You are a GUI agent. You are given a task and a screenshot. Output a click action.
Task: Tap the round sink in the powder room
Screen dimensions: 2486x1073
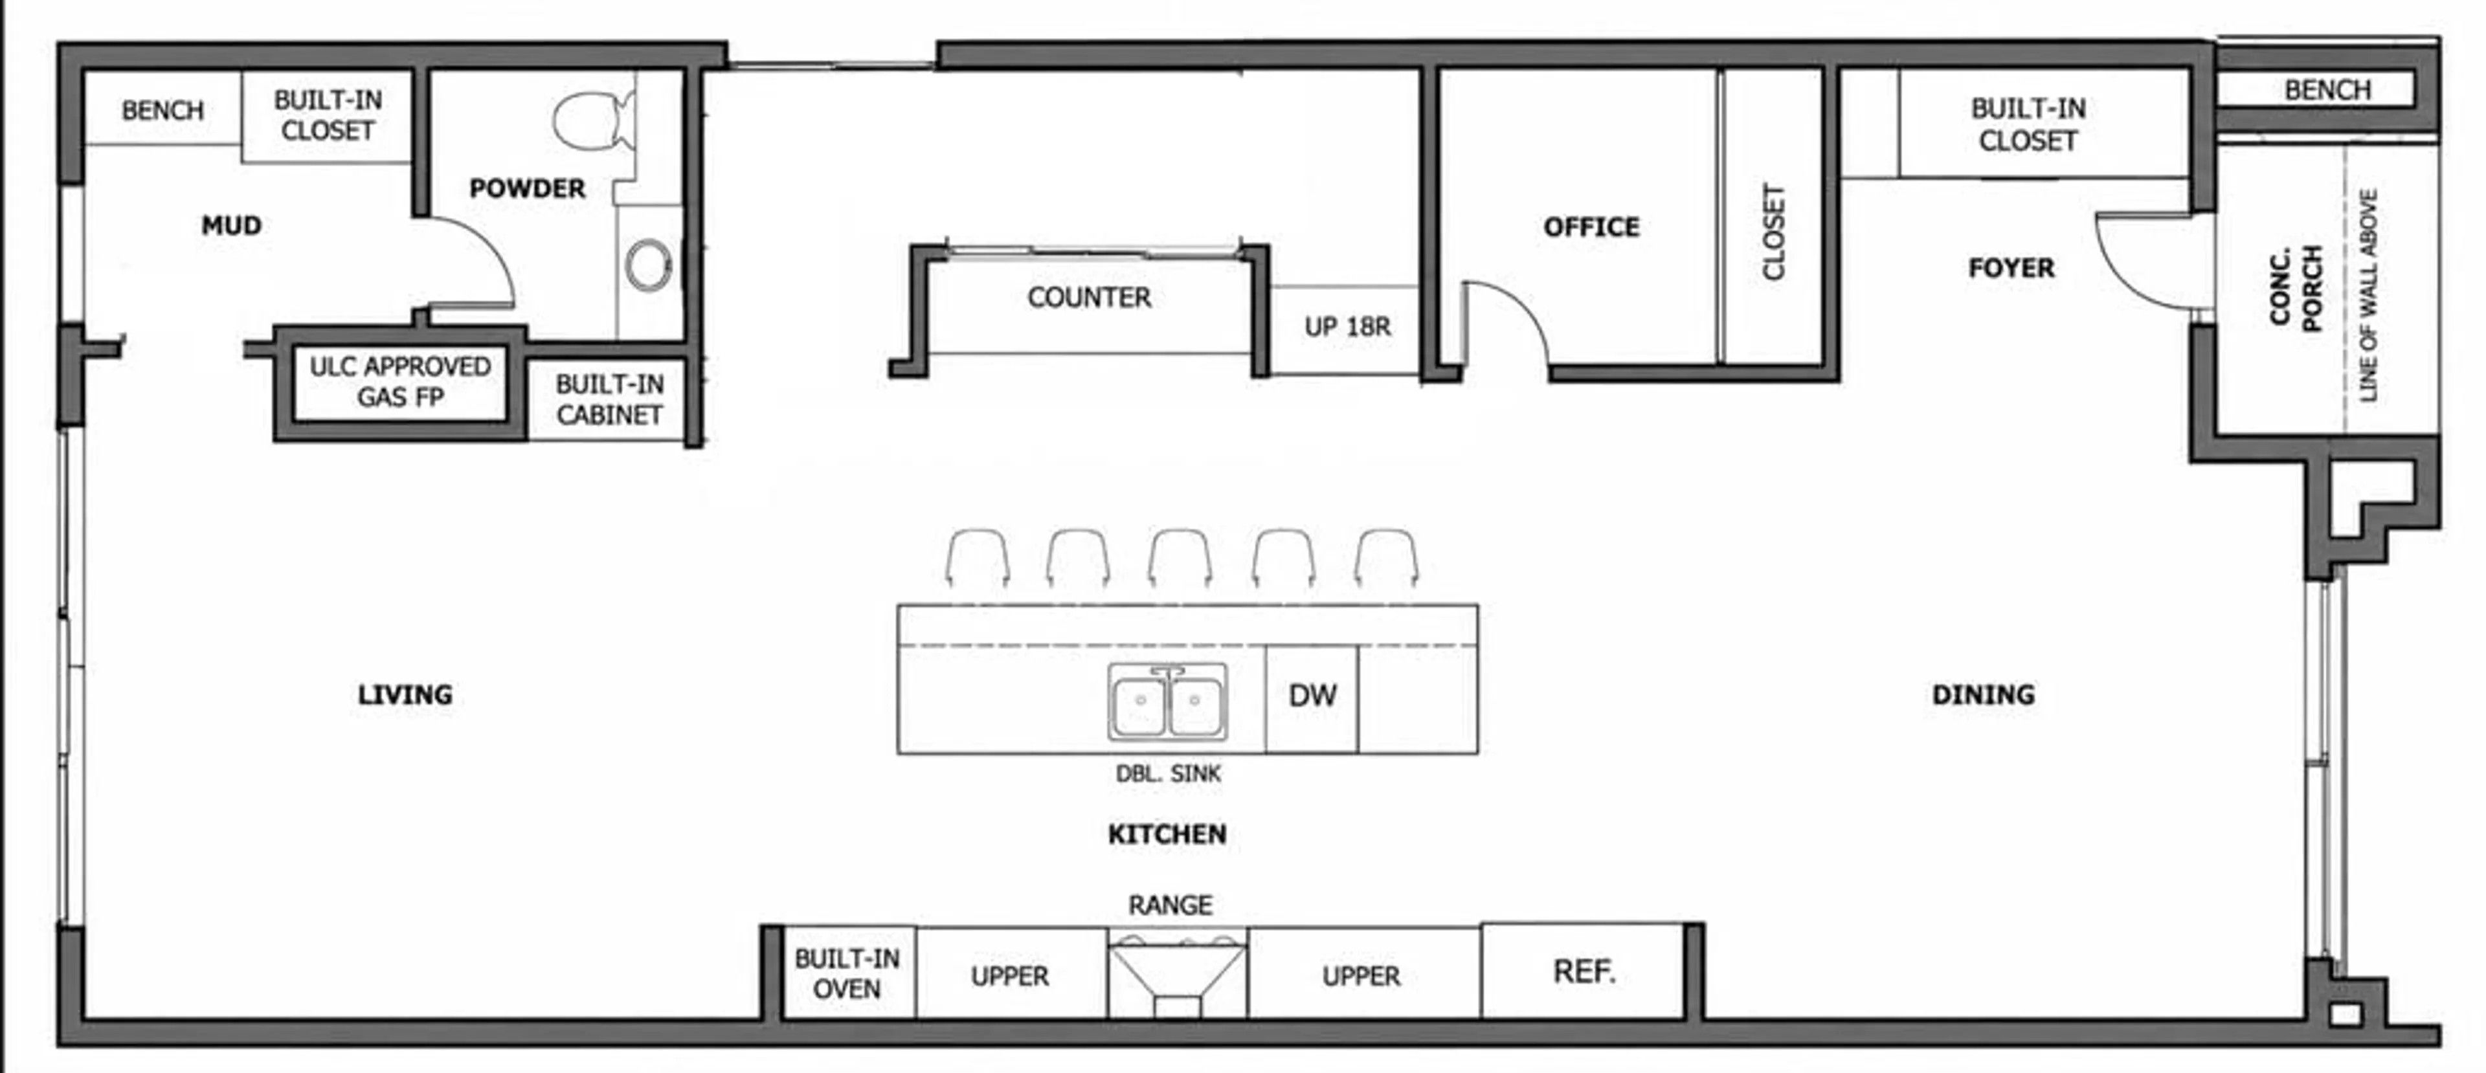pyautogui.click(x=649, y=265)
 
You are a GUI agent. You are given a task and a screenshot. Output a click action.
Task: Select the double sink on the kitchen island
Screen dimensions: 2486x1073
pyautogui.click(x=1168, y=702)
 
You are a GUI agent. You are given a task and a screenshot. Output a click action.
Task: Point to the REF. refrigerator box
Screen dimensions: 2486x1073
pyautogui.click(x=1584, y=971)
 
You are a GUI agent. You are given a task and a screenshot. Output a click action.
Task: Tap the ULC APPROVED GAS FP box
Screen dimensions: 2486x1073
pyautogui.click(x=399, y=382)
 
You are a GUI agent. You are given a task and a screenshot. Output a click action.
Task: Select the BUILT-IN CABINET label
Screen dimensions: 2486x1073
pyautogui.click(x=609, y=399)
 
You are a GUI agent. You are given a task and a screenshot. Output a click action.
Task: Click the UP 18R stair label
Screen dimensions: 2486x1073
pyautogui.click(x=1347, y=327)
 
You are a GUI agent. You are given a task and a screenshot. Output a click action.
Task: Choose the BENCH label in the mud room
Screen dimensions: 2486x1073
pyautogui.click(x=162, y=110)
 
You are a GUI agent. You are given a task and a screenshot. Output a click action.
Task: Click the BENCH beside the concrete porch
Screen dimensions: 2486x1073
pyautogui.click(x=2327, y=90)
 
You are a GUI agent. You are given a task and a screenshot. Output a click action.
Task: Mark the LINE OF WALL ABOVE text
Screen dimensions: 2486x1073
pyautogui.click(x=2368, y=295)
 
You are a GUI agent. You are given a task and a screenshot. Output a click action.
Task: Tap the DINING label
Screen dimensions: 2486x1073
pyautogui.click(x=1983, y=695)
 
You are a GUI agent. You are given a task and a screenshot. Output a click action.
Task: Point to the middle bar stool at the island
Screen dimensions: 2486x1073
pyautogui.click(x=1180, y=558)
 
